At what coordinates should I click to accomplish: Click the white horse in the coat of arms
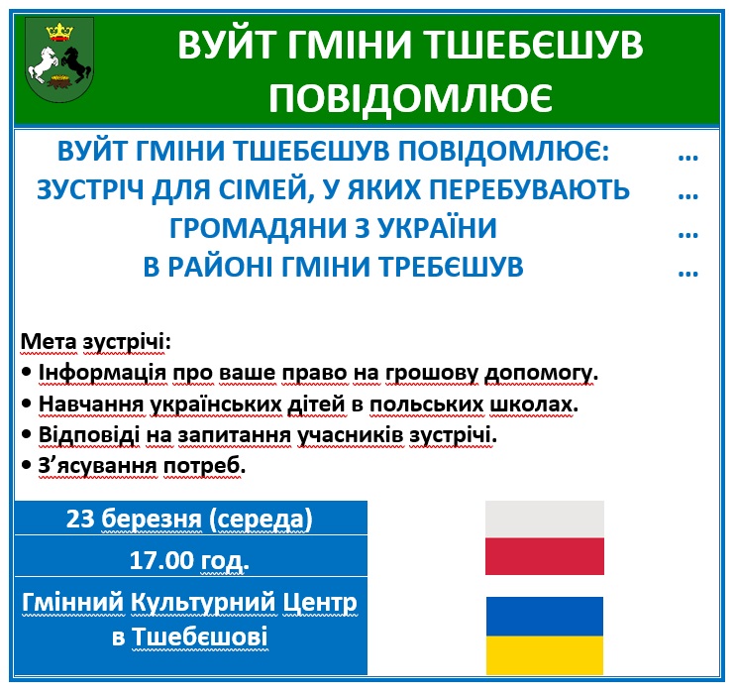click(44, 63)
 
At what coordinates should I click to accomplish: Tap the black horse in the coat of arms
click(75, 63)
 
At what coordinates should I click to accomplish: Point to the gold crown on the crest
click(59, 33)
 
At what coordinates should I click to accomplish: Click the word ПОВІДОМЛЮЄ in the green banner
click(410, 99)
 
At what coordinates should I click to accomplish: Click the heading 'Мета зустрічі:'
click(95, 342)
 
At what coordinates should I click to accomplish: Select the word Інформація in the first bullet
click(102, 373)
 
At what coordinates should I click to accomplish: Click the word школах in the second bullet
click(534, 404)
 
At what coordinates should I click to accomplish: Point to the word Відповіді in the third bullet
click(89, 435)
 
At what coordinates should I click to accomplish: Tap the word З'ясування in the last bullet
click(98, 466)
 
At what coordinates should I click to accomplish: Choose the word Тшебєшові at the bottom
click(200, 637)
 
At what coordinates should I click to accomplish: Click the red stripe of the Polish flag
click(544, 556)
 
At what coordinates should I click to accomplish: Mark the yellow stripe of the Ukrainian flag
click(544, 655)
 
